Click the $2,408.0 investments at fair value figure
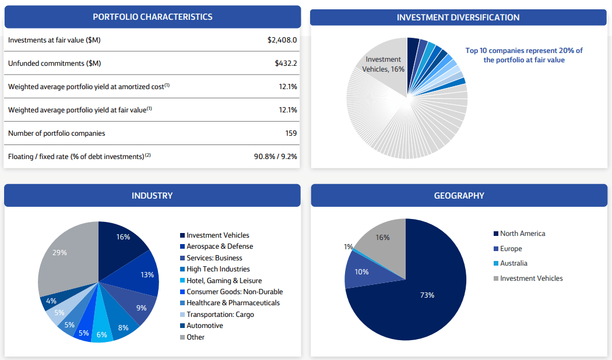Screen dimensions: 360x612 [282, 40]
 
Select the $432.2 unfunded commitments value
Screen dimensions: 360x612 [286, 63]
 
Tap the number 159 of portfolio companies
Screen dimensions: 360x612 [291, 133]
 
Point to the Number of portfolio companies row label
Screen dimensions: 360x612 [57, 133]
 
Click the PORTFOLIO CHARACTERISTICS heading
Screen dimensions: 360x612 [153, 17]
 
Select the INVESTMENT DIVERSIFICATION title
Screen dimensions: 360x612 [458, 17]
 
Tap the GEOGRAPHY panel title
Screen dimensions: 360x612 [459, 196]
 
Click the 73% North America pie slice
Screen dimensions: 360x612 [427, 295]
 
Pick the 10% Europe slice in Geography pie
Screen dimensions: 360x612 [361, 272]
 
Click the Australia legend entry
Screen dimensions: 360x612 [513, 263]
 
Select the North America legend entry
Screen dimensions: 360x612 [522, 234]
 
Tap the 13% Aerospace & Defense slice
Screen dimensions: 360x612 [147, 274]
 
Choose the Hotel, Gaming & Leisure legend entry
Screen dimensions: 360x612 [224, 281]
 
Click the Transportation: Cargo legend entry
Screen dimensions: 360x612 [220, 315]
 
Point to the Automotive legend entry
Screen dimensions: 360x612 [205, 326]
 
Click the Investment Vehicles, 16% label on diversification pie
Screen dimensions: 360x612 [384, 64]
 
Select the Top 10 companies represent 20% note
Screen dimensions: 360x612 [523, 55]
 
